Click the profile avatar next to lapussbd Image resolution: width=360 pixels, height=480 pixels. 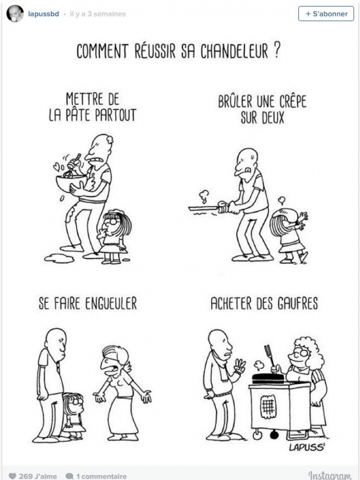[x=15, y=14]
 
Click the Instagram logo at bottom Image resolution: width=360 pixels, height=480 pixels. [x=329, y=475]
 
